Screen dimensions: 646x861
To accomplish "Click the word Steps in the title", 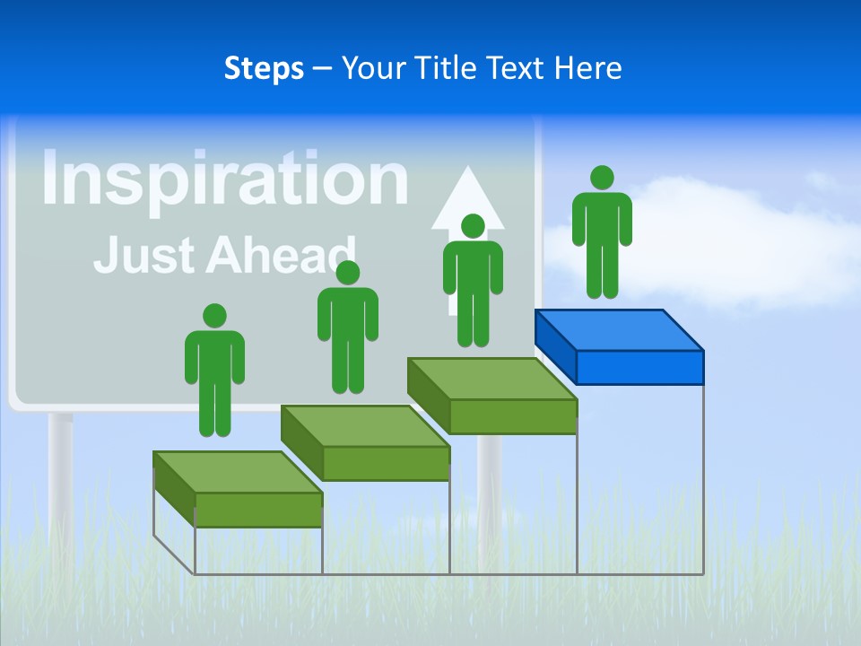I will [x=264, y=68].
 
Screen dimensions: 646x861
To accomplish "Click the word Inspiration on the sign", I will [x=224, y=179].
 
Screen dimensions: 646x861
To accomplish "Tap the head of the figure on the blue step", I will [x=602, y=178].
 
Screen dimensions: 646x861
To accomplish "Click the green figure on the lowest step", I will [x=214, y=377].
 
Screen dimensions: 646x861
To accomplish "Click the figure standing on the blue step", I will [x=602, y=238].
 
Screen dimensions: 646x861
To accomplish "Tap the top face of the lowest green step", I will [x=237, y=472].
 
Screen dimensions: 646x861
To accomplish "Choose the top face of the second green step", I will [x=364, y=425].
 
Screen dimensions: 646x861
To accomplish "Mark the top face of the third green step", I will [x=491, y=379].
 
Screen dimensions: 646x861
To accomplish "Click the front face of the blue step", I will [x=639, y=367].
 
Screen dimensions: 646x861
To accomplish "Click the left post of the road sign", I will [x=61, y=476].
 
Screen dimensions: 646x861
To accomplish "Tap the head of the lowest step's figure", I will [x=214, y=316].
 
